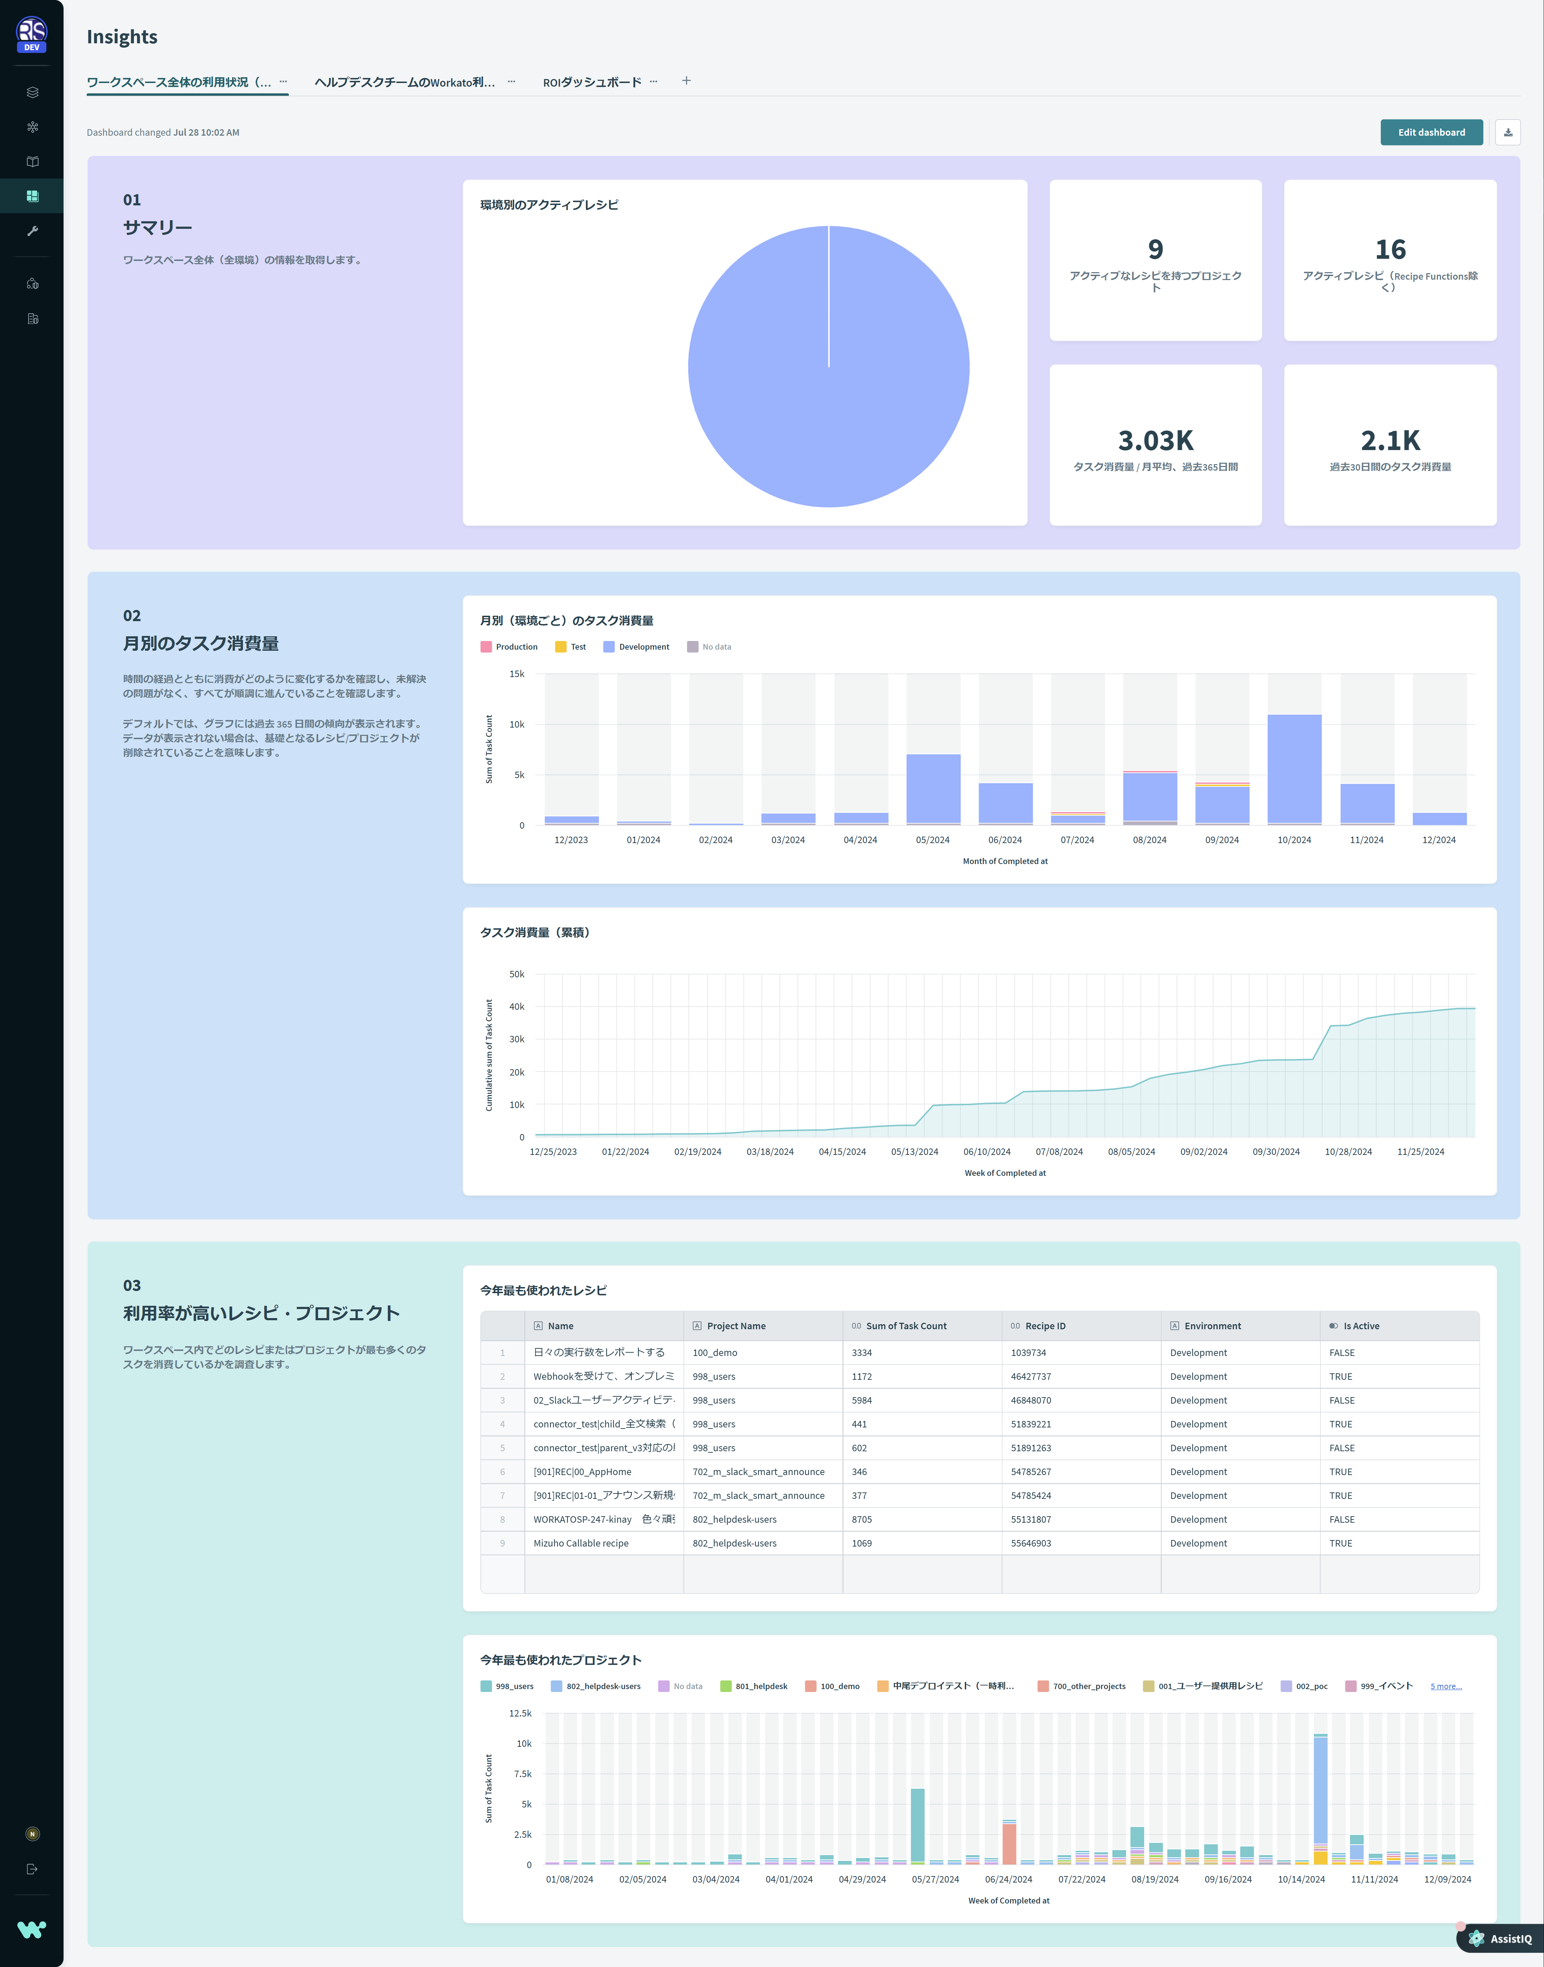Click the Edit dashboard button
pos(1431,132)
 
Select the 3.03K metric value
pos(1155,441)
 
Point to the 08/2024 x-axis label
pos(1149,840)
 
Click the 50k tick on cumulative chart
pos(516,974)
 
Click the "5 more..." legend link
pos(1445,1686)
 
